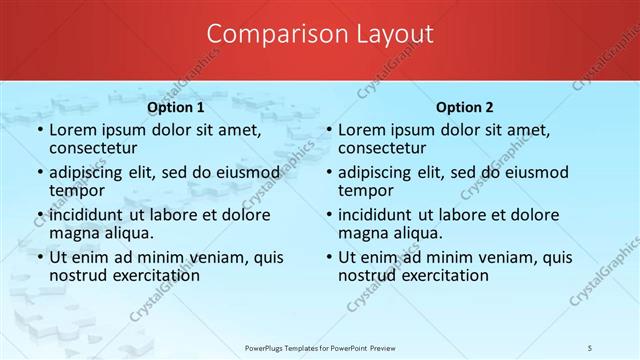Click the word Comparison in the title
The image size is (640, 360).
pos(265,34)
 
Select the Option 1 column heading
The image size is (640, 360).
pos(176,107)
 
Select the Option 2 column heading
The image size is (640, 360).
pos(465,107)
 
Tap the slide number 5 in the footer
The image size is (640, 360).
pos(590,347)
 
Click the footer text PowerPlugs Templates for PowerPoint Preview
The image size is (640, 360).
pos(319,347)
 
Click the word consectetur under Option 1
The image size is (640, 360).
pos(98,148)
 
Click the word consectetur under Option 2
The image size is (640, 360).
pos(387,148)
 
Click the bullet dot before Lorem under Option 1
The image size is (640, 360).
pos(40,130)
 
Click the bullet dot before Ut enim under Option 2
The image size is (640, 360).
pos(329,257)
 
